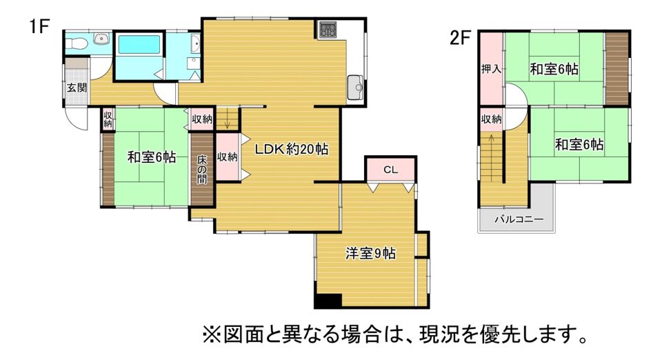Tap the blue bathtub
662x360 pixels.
139,44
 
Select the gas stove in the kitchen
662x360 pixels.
328,30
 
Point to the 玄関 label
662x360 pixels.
77,88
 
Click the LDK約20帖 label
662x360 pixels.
291,149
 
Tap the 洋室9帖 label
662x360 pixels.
370,253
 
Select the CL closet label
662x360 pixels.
390,170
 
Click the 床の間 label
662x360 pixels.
202,170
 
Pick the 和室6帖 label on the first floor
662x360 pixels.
152,157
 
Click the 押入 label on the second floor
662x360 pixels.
492,68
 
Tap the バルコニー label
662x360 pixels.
519,219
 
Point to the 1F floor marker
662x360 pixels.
40,26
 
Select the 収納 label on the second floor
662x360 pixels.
492,119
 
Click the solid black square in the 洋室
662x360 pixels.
328,301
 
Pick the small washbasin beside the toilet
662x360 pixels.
101,39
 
